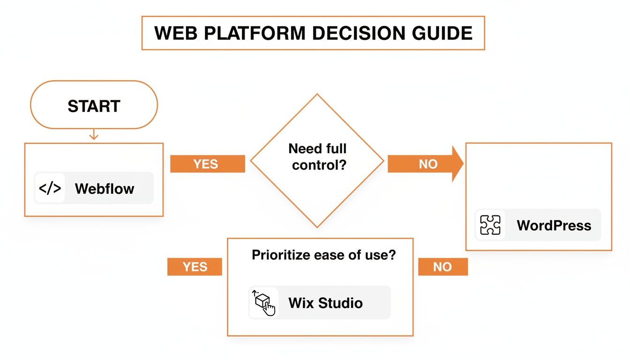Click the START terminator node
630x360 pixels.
94,105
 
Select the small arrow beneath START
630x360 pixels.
94,135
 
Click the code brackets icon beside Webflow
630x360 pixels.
50,188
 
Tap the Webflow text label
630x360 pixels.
105,188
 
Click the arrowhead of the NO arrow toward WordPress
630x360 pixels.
457,164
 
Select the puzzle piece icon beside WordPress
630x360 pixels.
490,225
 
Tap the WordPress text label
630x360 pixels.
554,225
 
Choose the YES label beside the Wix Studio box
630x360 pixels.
195,267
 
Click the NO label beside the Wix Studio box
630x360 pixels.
442,267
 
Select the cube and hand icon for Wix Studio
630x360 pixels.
264,303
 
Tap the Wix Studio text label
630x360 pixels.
325,303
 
